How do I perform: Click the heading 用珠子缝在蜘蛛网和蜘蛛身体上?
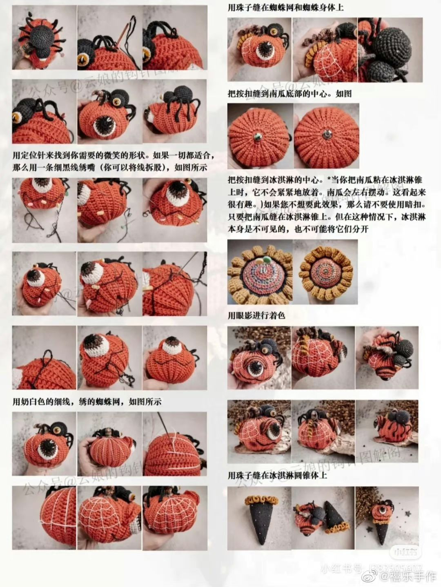[x=285, y=7]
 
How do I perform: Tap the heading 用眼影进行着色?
[x=256, y=315]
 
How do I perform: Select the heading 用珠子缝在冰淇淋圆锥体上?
[x=277, y=475]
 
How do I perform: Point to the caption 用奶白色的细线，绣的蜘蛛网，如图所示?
[x=87, y=402]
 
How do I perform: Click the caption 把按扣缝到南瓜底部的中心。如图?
[x=290, y=93]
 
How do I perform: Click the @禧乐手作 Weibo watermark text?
[x=409, y=576]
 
